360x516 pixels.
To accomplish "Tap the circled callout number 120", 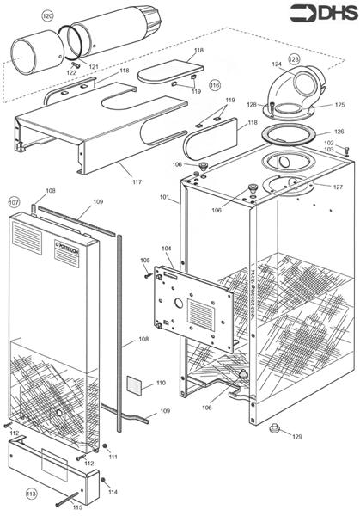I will point(47,16).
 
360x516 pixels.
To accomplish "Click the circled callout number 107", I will point(14,201).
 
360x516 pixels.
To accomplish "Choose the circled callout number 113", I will point(32,494).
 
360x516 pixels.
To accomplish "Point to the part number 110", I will point(160,383).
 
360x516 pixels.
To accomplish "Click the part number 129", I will point(296,437).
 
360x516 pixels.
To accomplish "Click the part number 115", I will point(76,510).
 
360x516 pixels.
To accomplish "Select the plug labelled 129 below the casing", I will point(275,427).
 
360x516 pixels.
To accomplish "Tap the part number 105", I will point(144,260).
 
